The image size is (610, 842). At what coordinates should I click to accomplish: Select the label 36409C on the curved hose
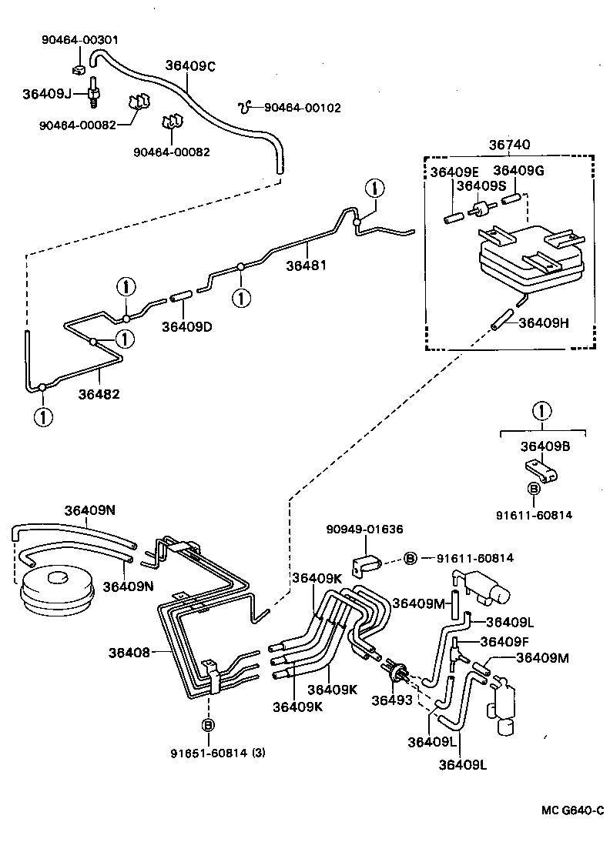(x=190, y=66)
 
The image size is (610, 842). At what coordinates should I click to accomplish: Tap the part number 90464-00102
(x=302, y=109)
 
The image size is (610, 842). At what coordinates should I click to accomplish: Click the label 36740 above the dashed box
(x=509, y=145)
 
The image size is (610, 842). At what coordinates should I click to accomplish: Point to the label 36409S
(x=481, y=185)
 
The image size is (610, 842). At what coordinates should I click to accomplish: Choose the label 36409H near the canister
(x=544, y=322)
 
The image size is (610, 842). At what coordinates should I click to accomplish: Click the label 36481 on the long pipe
(x=307, y=266)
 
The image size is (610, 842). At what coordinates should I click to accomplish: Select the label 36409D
(x=186, y=326)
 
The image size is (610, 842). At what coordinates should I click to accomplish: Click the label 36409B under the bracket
(x=545, y=446)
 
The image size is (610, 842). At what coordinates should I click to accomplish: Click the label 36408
(x=129, y=653)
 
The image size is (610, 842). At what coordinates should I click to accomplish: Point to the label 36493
(x=392, y=700)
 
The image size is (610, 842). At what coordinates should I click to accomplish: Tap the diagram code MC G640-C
(x=571, y=809)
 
